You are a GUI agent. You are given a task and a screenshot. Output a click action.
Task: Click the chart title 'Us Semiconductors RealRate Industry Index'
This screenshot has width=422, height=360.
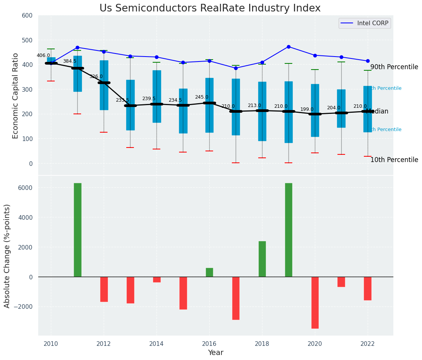[210, 8]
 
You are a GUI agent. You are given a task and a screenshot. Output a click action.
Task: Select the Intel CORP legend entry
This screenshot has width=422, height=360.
[364, 23]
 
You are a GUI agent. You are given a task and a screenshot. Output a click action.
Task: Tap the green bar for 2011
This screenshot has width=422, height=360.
[78, 230]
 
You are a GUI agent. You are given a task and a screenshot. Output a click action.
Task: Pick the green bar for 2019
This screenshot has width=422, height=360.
[288, 230]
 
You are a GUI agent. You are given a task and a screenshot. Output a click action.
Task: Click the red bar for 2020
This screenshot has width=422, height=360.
[315, 302]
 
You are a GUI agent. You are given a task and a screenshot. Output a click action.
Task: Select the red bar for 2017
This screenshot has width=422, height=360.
[236, 298]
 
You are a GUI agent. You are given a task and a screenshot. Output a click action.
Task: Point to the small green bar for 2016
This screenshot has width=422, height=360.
[209, 272]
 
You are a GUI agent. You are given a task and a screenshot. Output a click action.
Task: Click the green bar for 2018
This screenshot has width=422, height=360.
[262, 259]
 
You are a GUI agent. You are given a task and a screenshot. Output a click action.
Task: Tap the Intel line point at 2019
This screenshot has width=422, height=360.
[288, 47]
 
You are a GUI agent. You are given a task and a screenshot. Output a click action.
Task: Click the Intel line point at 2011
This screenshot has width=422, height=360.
[77, 47]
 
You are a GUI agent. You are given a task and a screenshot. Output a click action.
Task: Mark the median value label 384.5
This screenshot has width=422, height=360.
[70, 61]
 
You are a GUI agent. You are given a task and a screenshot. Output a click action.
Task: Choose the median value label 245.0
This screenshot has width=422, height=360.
[202, 97]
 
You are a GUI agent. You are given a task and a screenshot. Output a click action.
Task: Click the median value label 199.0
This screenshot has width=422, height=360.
[307, 109]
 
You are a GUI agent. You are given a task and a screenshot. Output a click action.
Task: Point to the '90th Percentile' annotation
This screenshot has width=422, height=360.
[394, 67]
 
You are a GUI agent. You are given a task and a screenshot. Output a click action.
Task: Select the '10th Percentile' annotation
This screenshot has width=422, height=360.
[394, 160]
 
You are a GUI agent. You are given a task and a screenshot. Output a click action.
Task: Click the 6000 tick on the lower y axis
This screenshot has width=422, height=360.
[24, 188]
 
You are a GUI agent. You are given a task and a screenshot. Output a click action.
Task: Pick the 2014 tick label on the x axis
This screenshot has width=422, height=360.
[156, 344]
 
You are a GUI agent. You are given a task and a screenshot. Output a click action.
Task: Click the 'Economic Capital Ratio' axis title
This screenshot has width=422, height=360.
[16, 95]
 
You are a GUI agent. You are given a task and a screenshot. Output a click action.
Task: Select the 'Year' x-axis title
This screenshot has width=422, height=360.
[216, 353]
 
